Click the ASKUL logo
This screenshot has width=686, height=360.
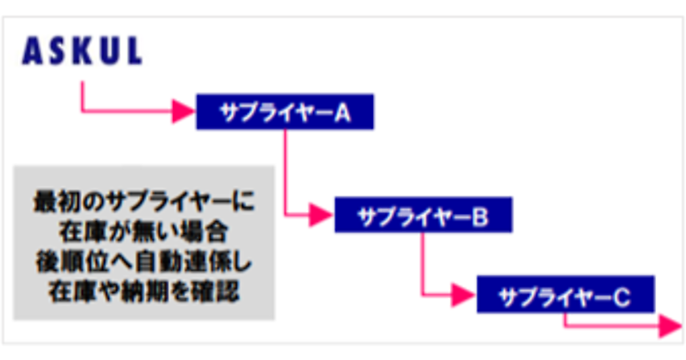tap(82, 52)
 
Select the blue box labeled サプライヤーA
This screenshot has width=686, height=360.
tap(285, 112)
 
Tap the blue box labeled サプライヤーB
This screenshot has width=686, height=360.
tap(423, 215)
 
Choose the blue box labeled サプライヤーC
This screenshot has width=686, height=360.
tap(565, 295)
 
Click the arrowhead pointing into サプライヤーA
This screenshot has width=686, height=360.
tap(185, 112)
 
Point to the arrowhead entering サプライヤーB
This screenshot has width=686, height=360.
tap(321, 215)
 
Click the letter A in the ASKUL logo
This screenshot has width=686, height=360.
tap(32, 52)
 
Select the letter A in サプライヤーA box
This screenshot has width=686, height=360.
tap(342, 113)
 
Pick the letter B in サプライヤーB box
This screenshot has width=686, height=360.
tap(481, 216)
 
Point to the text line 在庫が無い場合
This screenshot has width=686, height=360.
tap(144, 233)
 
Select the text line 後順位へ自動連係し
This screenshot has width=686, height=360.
tap(144, 263)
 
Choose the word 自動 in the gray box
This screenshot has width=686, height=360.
tap(162, 263)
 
